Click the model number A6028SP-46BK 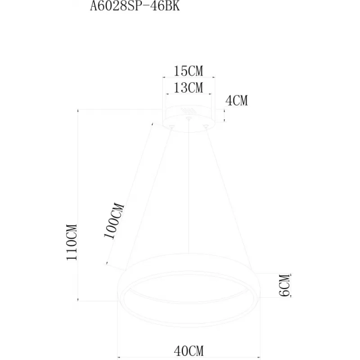point(135,6)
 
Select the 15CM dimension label point(189,71)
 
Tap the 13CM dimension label point(189,88)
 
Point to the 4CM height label point(237,101)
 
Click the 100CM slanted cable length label point(114,221)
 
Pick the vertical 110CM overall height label point(72,242)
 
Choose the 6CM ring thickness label point(285,285)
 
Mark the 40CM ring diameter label point(189,351)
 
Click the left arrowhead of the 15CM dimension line point(164,77)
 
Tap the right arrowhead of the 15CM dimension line point(213,77)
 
